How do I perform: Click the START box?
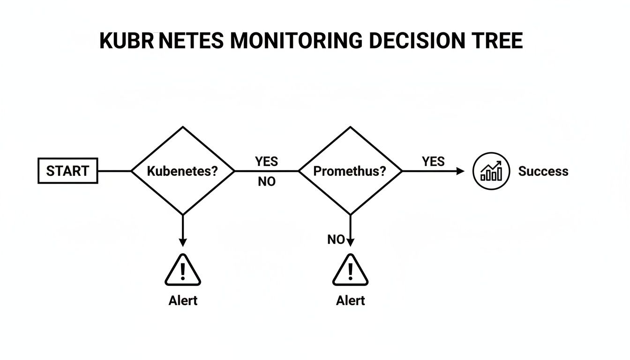tap(67, 171)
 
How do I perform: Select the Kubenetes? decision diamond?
tap(183, 171)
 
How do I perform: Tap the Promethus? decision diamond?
tap(350, 171)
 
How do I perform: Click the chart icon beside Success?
tap(491, 172)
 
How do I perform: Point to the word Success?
tap(543, 172)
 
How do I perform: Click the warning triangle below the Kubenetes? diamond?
tap(183, 271)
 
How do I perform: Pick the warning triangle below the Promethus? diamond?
tap(350, 271)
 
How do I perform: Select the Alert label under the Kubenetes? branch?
tap(183, 300)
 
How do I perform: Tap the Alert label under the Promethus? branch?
tap(350, 300)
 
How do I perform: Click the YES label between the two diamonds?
tap(266, 162)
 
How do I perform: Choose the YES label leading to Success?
tap(433, 162)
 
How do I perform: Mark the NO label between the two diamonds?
tap(266, 182)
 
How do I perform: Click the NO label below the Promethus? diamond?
tap(336, 240)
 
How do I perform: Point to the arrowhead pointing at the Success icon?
tap(460, 171)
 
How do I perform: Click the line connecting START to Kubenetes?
tap(114, 171)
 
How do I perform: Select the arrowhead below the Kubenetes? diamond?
tap(183, 242)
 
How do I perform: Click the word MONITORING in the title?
tap(296, 41)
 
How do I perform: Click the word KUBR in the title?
tap(127, 41)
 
